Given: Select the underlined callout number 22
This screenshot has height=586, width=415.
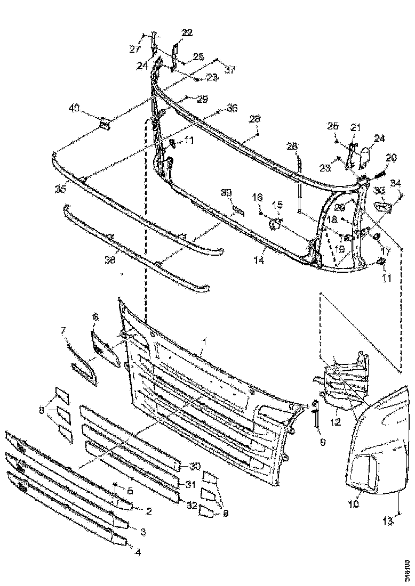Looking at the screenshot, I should tap(187, 32).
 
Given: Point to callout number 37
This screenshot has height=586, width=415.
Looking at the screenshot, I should tap(229, 70).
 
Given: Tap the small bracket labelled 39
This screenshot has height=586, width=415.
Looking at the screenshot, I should tap(238, 209).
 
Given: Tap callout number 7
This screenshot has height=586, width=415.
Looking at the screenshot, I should tap(65, 331).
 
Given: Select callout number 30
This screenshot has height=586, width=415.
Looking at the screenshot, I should tap(194, 466).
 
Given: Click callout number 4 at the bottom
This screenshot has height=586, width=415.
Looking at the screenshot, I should tap(137, 552).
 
